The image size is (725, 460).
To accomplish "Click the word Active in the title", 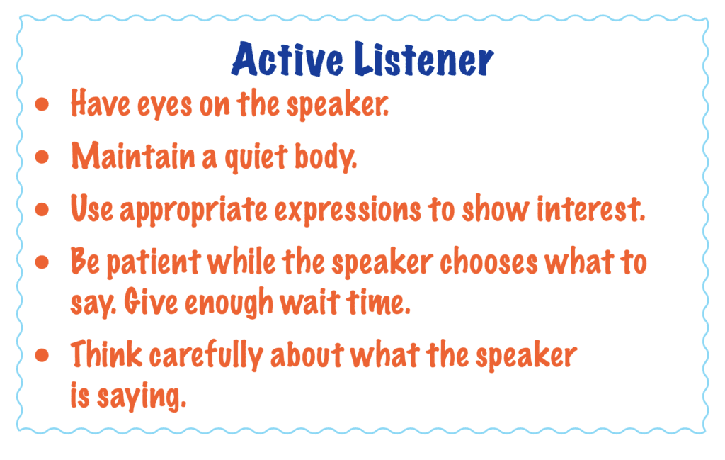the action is point(287,60).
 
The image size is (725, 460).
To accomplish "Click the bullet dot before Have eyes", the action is point(42,104).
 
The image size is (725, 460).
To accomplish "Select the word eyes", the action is point(164,106).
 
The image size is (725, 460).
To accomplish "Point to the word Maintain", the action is point(133,156).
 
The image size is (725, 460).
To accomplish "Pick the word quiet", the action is point(256,157).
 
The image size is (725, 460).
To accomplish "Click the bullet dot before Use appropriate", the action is point(42,210).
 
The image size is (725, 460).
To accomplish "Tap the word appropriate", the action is point(194,211).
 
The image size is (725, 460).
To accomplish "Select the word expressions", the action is point(348,211).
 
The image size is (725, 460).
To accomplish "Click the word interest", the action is point(591,208).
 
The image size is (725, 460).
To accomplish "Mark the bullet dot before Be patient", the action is point(42,262).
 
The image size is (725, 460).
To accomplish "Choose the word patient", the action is point(154,263).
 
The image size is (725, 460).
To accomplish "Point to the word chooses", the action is point(489,262).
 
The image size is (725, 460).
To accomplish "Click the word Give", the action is point(151,302).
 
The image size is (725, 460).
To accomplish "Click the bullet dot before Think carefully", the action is point(42,355).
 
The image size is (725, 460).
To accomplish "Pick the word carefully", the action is point(206,355).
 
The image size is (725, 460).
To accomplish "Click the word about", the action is point(307,354).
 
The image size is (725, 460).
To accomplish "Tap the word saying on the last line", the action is point(142,397).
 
